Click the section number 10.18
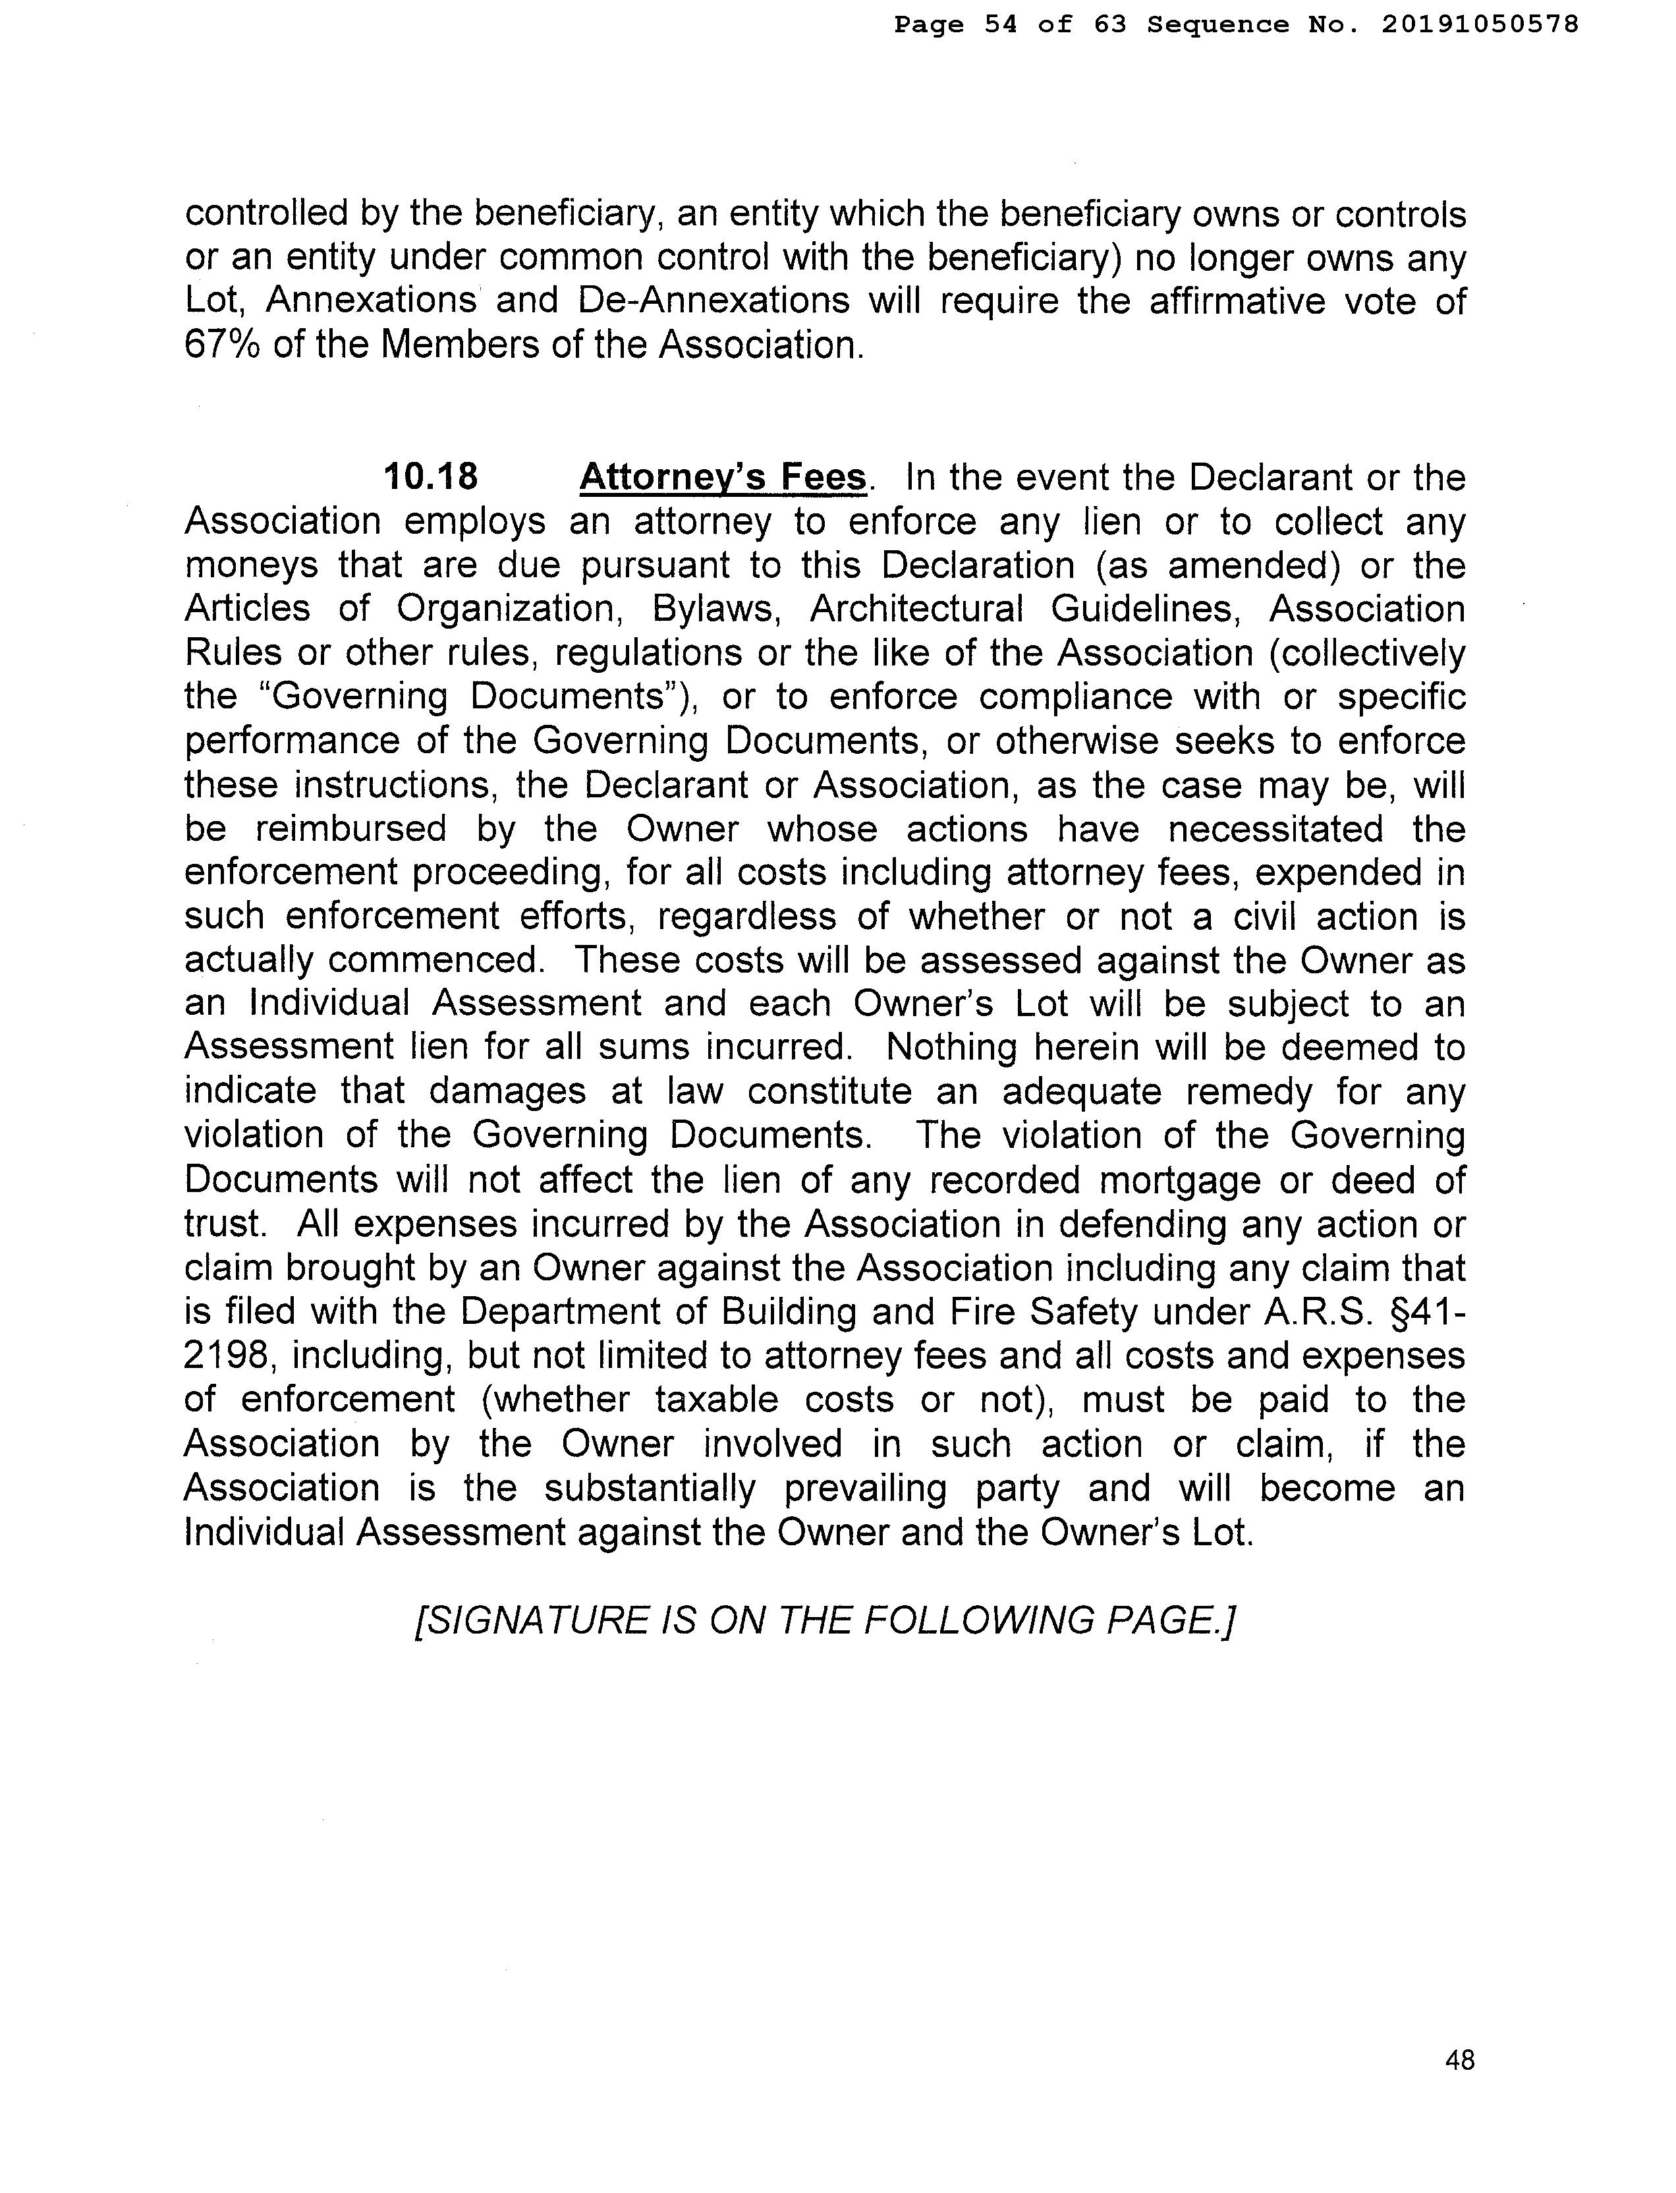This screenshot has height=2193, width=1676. [431, 477]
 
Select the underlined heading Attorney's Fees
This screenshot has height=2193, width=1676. [723, 477]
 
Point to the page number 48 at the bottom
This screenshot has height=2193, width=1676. [1459, 2059]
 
